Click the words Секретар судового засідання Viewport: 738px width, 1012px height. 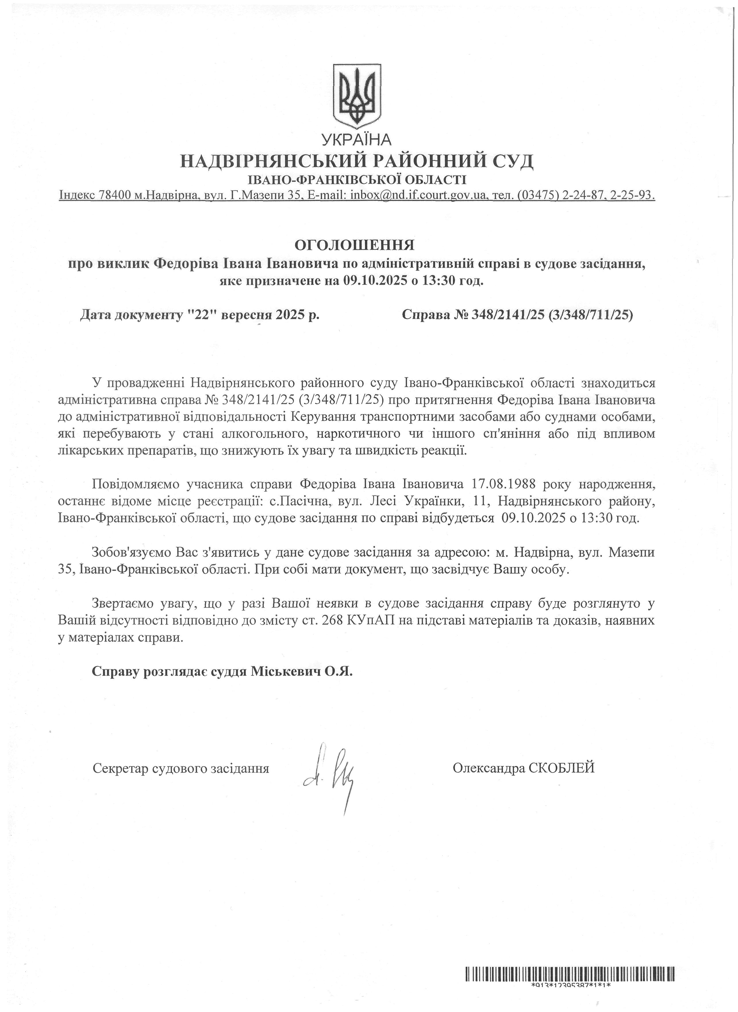[181, 769]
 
